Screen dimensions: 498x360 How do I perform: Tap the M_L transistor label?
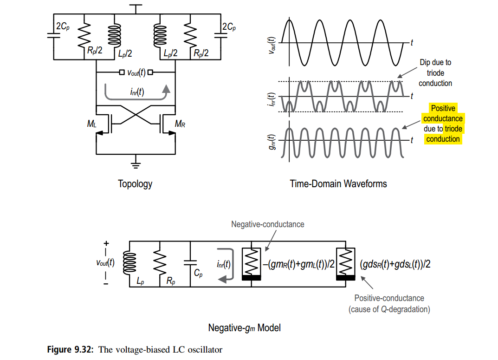(x=91, y=124)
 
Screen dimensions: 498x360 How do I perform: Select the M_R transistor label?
(x=180, y=124)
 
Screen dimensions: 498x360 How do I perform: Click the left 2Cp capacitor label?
(x=63, y=26)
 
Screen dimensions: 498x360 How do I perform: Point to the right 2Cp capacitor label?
(x=229, y=26)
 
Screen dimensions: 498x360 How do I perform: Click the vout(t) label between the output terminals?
(x=136, y=73)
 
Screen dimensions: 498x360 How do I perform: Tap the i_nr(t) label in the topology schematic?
(x=137, y=92)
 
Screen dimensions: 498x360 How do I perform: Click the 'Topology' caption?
(x=136, y=183)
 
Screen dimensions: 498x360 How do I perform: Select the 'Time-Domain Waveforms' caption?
(x=338, y=183)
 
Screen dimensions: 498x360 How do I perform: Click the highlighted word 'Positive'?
(x=443, y=108)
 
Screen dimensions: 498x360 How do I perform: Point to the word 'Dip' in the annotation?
(x=425, y=62)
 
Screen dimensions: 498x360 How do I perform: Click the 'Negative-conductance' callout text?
(x=268, y=224)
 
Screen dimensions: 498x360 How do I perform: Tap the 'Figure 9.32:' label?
(x=70, y=349)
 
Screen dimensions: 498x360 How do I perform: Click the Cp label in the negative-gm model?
(x=198, y=273)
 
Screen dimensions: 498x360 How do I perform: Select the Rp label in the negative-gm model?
(x=171, y=281)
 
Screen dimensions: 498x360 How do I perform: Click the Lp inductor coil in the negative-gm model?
(x=130, y=262)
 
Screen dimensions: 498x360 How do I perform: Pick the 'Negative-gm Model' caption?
(x=245, y=327)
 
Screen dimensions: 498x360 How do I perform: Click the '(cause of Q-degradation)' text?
(x=389, y=309)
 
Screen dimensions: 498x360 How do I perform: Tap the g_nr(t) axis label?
(x=272, y=142)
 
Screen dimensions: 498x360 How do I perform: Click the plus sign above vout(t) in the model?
(x=106, y=243)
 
